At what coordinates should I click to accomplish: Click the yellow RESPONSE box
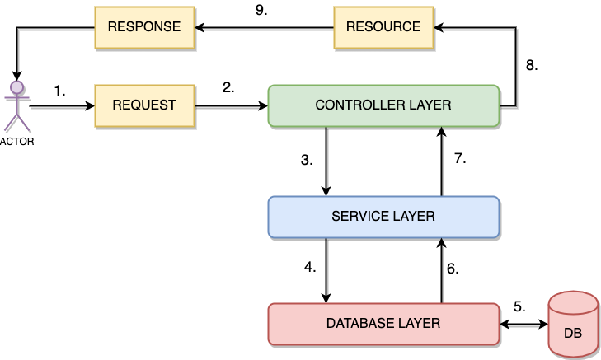coord(144,26)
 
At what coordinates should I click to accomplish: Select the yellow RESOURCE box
coord(383,26)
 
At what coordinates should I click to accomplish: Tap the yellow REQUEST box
coord(144,105)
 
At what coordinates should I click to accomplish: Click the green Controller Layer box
coord(383,105)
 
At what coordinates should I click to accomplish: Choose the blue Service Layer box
coord(383,217)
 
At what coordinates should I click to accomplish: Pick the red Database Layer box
coord(383,324)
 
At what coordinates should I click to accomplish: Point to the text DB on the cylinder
coord(573,334)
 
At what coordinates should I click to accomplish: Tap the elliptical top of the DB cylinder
coord(573,302)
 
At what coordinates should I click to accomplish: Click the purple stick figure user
coord(16,105)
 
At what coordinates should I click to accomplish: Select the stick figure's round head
coord(16,86)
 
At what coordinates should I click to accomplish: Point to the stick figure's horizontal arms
coord(16,98)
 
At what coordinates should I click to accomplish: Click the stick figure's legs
coord(16,121)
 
